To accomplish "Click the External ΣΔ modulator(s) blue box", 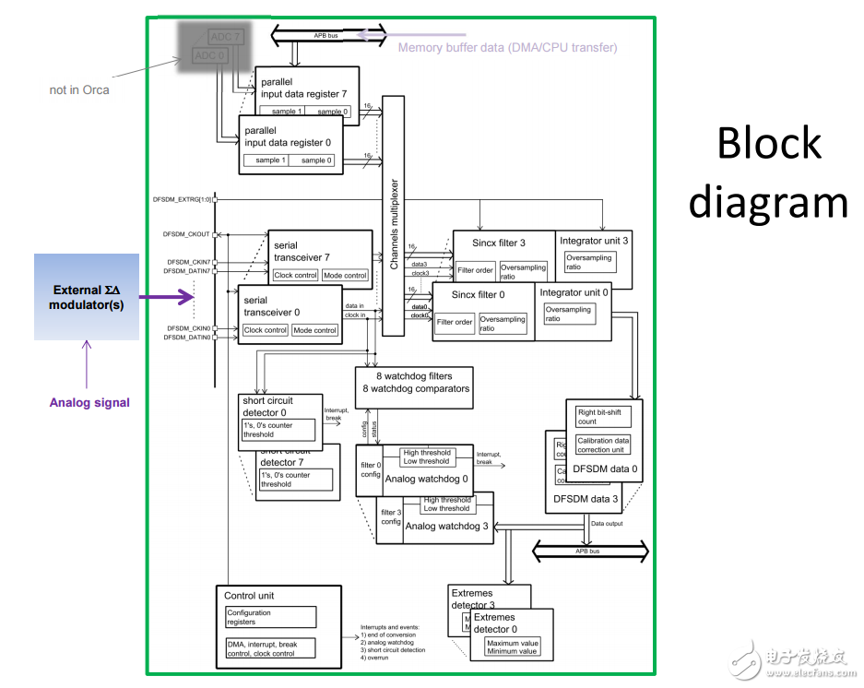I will pos(87,297).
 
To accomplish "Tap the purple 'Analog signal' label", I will pos(89,402).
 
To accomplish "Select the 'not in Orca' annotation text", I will pos(79,89).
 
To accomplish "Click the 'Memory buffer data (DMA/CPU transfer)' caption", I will pos(507,47).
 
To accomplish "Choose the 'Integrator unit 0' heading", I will pos(574,293).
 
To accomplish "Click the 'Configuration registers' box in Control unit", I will pos(271,617).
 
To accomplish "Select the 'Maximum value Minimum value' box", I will pos(512,646).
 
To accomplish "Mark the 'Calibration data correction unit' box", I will pos(604,445).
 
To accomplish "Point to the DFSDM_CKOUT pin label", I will pos(186,234).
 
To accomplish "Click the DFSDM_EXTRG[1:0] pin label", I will pos(183,199).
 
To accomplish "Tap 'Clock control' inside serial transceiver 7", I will pos(296,275).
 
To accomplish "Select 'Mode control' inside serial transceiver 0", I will pos(314,330).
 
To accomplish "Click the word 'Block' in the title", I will pos(769,143).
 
